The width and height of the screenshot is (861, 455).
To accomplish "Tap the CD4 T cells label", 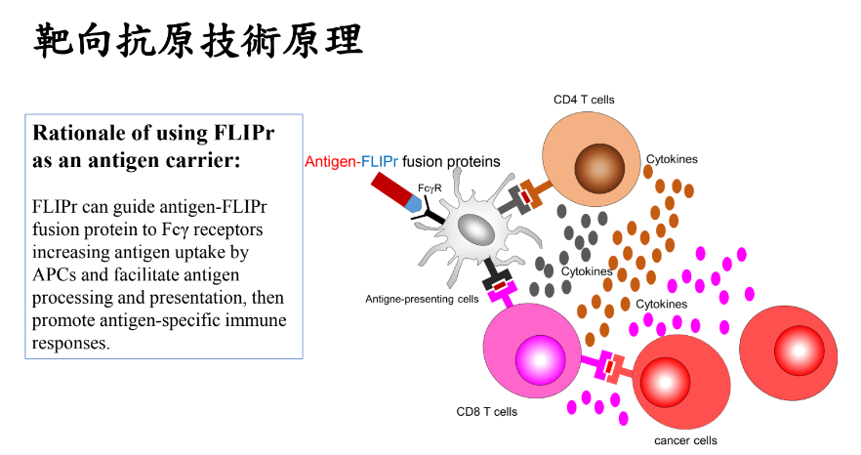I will [584, 100].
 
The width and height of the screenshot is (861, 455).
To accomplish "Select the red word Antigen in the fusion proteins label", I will [331, 161].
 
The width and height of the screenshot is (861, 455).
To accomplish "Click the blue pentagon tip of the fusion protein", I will [416, 205].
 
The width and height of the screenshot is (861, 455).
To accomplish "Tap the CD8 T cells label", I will [487, 411].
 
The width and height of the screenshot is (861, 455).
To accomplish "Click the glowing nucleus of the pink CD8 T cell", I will [539, 355].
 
